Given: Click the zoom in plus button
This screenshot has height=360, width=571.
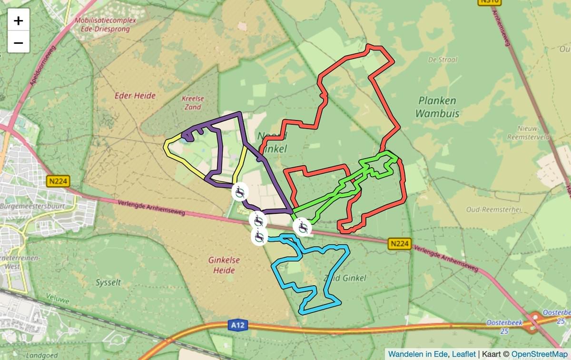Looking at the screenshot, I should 19,20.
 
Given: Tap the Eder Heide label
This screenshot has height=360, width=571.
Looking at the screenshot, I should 135,96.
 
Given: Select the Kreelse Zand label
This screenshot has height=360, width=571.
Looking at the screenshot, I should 193,103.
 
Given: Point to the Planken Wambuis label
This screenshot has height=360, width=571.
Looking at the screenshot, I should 437,107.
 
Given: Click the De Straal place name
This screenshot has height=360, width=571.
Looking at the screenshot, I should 443,60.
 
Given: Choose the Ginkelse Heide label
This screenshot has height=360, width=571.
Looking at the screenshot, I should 224,265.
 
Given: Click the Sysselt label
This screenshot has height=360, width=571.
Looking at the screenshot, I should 108,282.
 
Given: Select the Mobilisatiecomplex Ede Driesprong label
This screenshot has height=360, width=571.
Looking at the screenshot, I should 105,24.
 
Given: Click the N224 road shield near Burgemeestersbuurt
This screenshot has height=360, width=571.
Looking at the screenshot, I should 59,181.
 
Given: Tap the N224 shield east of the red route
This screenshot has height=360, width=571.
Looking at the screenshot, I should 399,244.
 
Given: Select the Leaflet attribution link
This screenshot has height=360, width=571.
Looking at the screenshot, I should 463,354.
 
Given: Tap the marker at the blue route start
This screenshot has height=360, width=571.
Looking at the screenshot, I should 259,236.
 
